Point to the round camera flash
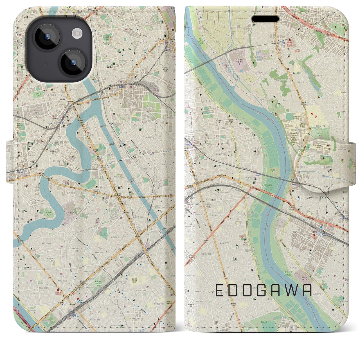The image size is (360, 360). [77, 34]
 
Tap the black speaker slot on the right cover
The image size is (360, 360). [265, 19]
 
